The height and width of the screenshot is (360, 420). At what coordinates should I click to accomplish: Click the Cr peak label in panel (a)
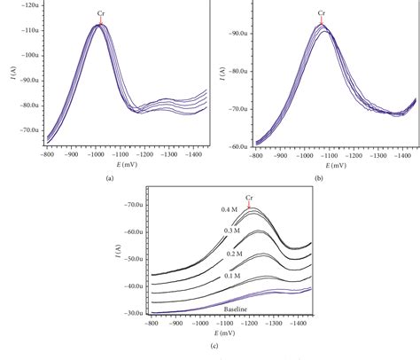pos(99,13)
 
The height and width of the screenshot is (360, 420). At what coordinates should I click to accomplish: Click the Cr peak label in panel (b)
pos(322,13)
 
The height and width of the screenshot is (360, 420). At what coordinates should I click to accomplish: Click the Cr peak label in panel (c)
pos(249,197)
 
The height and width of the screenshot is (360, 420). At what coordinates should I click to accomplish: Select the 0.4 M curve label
pos(230,209)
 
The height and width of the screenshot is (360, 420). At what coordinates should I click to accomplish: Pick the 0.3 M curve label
pos(230,230)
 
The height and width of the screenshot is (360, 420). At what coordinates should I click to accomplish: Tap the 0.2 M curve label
pos(230,253)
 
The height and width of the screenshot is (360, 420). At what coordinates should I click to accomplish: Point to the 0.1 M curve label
pos(230,275)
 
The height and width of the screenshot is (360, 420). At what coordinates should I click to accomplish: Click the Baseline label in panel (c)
pos(235,309)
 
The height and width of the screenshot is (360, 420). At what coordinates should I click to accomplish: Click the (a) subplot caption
pos(110,177)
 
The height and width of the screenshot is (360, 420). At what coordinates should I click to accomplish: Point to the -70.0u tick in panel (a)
pos(27,129)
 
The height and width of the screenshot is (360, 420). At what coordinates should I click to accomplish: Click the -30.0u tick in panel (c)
pos(133,314)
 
